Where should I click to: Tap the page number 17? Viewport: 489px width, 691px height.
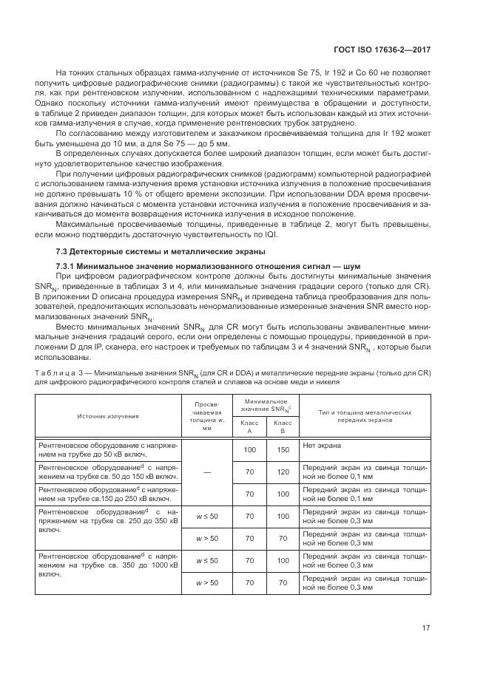[425, 628]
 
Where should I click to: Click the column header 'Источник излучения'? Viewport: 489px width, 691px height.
[108, 416]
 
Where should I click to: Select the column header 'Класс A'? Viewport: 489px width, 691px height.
[249, 426]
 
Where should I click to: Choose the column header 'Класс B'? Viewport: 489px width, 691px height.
[283, 426]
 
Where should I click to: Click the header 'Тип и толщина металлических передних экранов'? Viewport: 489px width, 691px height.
[365, 416]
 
